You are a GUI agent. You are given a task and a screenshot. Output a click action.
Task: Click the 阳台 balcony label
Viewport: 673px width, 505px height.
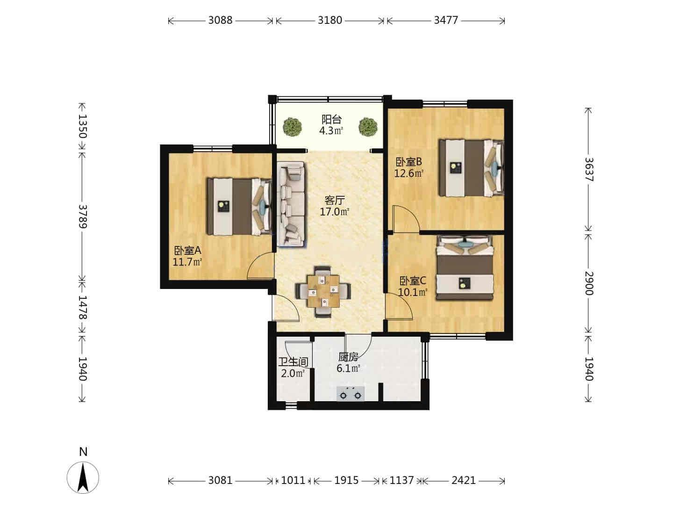click(x=331, y=119)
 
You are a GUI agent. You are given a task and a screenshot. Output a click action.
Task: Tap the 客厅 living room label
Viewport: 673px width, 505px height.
click(x=335, y=201)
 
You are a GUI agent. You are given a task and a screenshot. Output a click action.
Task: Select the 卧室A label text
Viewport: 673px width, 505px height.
click(x=187, y=251)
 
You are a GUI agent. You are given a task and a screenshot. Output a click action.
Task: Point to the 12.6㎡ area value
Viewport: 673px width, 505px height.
click(x=408, y=173)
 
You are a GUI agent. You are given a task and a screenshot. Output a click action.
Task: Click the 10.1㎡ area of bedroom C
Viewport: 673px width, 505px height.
click(x=413, y=292)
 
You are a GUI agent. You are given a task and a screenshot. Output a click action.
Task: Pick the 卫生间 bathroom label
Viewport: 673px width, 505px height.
click(x=293, y=362)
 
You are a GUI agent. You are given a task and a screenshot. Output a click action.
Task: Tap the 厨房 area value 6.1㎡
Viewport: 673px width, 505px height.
click(x=348, y=368)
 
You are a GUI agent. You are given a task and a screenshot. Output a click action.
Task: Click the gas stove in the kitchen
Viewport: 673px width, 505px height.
click(x=351, y=394)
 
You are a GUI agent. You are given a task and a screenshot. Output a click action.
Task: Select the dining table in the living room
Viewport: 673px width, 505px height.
click(x=323, y=291)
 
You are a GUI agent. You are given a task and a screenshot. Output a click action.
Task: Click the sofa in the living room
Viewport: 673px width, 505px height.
click(x=291, y=204)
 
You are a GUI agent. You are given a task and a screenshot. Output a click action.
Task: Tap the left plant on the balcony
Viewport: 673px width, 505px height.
click(x=292, y=127)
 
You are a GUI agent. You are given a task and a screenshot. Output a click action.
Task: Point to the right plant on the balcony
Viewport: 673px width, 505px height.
click(x=368, y=127)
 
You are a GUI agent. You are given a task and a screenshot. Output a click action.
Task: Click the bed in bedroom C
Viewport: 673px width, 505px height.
click(x=465, y=267)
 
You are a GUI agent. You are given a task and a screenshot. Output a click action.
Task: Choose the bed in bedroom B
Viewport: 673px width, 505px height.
click(x=471, y=168)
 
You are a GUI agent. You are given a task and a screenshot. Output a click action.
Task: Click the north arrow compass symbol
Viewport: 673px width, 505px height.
click(x=83, y=477)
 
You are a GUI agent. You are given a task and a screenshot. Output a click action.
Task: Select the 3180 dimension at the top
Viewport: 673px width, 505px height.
click(x=330, y=20)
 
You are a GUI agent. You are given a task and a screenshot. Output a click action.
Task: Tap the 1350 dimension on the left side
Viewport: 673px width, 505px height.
click(x=82, y=126)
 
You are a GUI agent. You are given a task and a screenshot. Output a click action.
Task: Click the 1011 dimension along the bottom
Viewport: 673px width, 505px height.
click(x=293, y=480)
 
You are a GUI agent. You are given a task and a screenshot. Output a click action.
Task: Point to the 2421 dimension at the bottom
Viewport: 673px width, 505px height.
click(x=464, y=480)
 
